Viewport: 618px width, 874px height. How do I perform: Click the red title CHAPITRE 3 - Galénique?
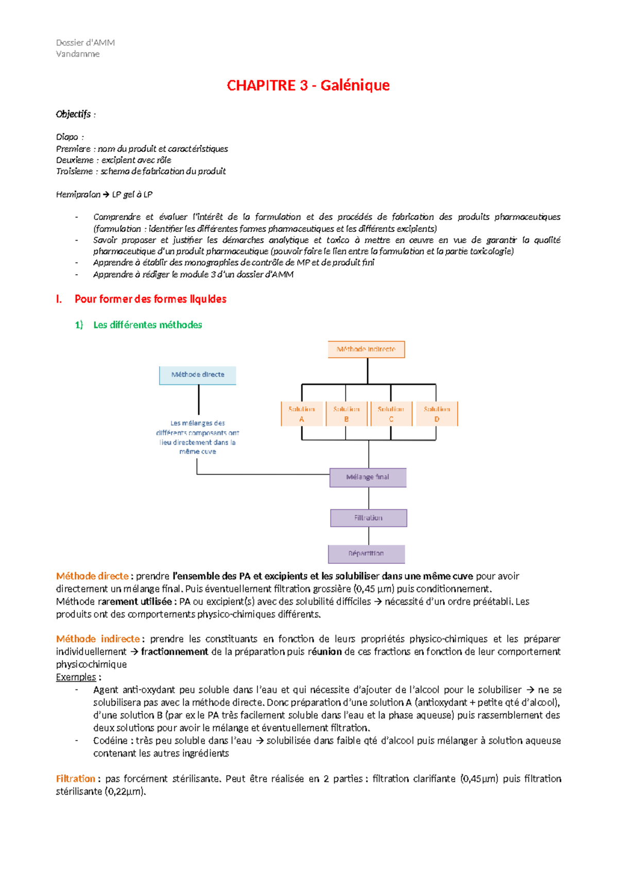pos(308,86)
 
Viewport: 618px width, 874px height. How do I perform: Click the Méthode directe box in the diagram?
pos(198,375)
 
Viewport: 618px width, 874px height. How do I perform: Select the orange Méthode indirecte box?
pos(366,349)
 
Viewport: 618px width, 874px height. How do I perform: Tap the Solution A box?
pos(302,414)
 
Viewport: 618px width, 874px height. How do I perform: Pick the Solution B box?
pos(346,414)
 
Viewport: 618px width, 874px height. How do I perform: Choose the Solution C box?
pos(391,414)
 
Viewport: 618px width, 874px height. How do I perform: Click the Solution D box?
pos(437,414)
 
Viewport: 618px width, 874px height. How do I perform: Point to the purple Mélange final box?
pos(368,477)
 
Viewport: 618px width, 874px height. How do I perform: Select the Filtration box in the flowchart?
pos(368,518)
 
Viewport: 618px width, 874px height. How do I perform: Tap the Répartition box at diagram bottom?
pos(366,553)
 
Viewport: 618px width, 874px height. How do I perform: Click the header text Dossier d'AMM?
pos(85,43)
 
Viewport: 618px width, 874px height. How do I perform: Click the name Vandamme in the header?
pos(78,54)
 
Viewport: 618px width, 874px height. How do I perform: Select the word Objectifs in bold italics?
pos(73,114)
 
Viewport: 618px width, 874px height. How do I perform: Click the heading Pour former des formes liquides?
pos(150,299)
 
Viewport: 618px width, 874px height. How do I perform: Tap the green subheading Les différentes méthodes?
pos(147,325)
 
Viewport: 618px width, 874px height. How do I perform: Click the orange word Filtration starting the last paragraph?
pos(76,779)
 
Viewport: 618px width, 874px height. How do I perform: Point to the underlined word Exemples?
pos(76,677)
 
